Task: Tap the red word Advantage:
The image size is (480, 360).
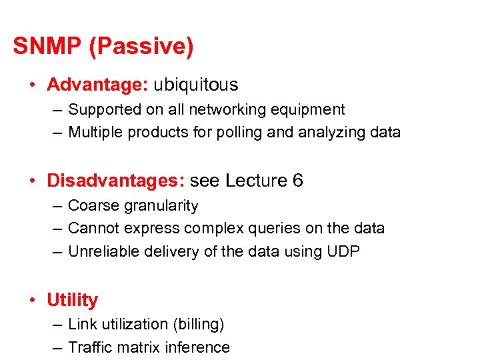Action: (97, 85)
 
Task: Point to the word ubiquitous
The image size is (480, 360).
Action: (195, 85)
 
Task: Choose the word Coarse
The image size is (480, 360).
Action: (91, 205)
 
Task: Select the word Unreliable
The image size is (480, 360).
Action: (101, 251)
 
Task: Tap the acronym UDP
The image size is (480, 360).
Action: (345, 251)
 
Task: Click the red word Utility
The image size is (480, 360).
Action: (72, 300)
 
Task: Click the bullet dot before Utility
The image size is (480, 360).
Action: (33, 300)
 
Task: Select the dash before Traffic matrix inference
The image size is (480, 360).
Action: (57, 347)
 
